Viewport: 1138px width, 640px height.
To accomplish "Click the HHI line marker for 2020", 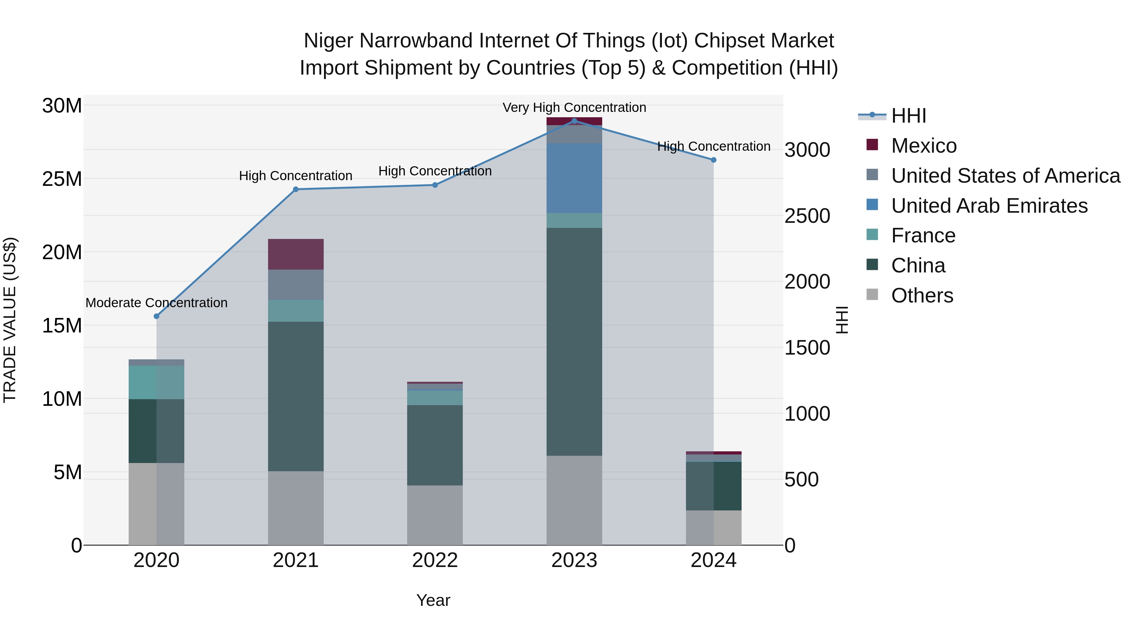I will (x=156, y=316).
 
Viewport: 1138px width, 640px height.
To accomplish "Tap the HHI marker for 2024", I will (x=713, y=160).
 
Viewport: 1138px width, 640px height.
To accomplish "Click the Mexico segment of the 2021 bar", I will (x=296, y=254).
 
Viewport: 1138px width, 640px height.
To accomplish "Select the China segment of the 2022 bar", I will (x=435, y=445).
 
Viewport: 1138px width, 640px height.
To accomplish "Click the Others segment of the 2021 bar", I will (x=296, y=508).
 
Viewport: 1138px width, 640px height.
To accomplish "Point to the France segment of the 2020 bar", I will (x=156, y=382).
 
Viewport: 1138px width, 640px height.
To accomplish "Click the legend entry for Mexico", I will (x=923, y=146).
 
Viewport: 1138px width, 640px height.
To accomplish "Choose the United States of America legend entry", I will (x=1005, y=176).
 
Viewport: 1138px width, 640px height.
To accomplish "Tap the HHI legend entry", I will (x=908, y=116).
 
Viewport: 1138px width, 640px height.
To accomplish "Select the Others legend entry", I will (x=922, y=296).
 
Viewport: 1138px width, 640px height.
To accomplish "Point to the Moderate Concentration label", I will (x=156, y=303).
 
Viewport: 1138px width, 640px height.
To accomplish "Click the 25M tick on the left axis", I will (x=62, y=179).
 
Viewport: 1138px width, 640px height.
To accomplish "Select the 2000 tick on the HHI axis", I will (x=807, y=282).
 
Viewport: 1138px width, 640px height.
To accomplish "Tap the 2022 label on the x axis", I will (x=435, y=560).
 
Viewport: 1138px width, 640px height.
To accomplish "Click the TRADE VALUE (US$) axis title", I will (x=10, y=320).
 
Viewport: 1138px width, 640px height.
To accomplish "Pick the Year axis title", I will (x=433, y=600).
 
